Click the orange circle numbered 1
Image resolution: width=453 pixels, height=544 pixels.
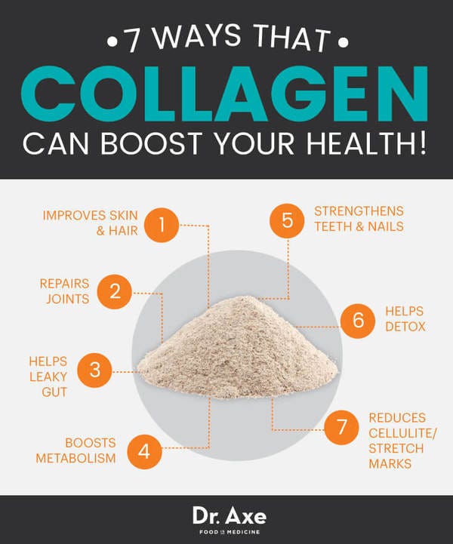click(x=162, y=225)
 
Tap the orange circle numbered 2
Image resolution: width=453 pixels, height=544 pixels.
click(x=115, y=291)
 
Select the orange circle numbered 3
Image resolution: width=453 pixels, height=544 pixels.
click(x=95, y=370)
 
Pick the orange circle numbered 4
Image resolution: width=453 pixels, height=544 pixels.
click(x=144, y=452)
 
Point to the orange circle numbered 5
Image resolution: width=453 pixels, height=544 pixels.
click(x=287, y=220)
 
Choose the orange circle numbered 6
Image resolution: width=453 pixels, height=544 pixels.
click(x=358, y=321)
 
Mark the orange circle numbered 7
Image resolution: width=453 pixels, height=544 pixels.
click(x=341, y=427)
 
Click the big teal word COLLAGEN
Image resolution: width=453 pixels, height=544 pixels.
click(x=224, y=94)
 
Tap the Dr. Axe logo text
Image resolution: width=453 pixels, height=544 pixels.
click(x=230, y=516)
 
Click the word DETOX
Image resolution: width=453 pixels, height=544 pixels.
click(x=405, y=327)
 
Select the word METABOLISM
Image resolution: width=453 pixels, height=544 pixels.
click(x=75, y=458)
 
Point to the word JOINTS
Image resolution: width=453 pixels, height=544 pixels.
click(x=68, y=299)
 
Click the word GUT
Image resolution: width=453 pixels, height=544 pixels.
click(x=54, y=392)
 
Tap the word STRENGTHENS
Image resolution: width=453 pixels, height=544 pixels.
click(x=359, y=211)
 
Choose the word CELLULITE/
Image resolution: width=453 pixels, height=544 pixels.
click(x=402, y=433)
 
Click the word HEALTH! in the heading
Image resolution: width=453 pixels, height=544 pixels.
click(x=367, y=143)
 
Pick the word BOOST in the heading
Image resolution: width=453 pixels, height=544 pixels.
click(x=152, y=143)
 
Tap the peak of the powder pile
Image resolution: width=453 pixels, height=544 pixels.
click(x=247, y=297)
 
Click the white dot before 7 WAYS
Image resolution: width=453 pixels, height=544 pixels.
click(x=112, y=42)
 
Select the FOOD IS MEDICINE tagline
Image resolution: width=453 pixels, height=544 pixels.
click(x=230, y=532)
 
